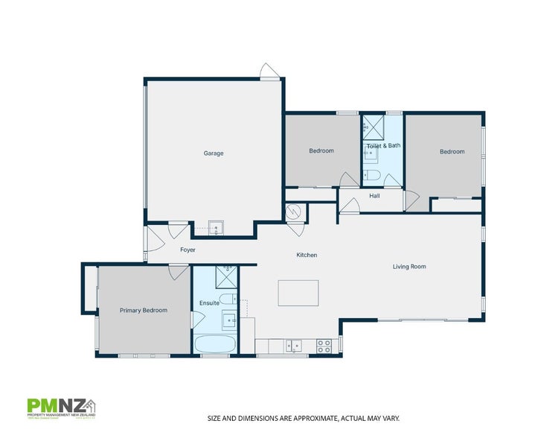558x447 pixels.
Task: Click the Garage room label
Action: point(214,153)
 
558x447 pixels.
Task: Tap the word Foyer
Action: point(187,250)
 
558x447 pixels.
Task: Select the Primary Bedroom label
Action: point(144,310)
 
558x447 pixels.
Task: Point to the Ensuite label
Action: point(209,303)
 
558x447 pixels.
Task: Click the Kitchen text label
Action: point(307,255)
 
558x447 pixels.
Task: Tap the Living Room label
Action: point(409,266)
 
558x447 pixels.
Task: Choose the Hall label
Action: point(374,196)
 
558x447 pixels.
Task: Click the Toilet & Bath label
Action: point(383,145)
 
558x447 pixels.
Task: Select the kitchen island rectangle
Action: point(298,293)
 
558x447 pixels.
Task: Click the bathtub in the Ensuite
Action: point(215,344)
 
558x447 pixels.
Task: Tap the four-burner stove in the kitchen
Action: point(324,346)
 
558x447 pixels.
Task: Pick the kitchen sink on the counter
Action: point(295,345)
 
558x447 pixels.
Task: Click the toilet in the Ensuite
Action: point(228,299)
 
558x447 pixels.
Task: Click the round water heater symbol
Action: point(294,212)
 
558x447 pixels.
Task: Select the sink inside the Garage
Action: point(216,227)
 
